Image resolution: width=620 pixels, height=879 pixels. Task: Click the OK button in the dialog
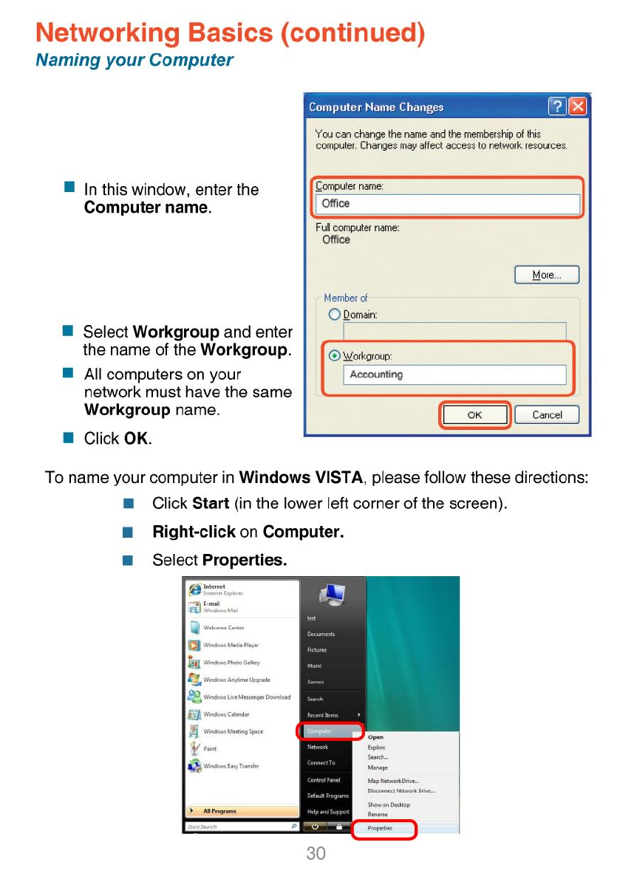point(474,415)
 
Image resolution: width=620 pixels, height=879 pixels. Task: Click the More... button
point(547,276)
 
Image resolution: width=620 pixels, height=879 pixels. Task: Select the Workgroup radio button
point(334,356)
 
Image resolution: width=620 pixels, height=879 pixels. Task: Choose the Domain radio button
point(334,315)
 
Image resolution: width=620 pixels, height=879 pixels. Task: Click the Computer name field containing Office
point(449,204)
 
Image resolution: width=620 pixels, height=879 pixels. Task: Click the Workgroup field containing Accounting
point(454,374)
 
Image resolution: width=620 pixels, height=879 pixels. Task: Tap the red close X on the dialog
point(579,106)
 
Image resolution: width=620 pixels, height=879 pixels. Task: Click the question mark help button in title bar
point(557,106)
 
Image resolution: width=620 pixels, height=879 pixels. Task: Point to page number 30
point(316,854)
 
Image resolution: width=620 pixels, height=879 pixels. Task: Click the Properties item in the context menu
point(381,829)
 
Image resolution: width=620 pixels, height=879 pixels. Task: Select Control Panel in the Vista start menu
point(324,780)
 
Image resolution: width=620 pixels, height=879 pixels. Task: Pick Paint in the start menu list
point(211,749)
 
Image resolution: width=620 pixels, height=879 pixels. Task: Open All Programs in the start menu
point(219,811)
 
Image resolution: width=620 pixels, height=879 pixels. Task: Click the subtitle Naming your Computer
point(134,61)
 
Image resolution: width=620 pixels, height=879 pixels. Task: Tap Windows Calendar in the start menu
point(226,714)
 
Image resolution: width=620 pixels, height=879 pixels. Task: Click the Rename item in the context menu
point(378,815)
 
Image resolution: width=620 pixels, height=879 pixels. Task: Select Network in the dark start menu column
point(318,747)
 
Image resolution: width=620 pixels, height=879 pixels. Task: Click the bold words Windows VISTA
point(302,477)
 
